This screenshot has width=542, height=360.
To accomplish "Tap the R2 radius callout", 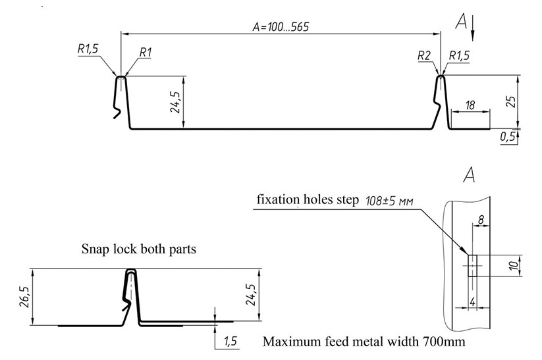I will point(423,56).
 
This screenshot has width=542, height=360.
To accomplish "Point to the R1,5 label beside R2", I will point(458,56).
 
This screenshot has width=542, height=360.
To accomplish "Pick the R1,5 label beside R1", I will point(89,48).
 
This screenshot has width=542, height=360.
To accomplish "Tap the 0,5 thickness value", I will point(508,137).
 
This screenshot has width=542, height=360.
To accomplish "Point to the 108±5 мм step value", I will point(389,201).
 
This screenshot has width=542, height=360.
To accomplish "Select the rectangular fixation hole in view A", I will point(472,266).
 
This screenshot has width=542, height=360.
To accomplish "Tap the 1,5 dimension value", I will point(230,341).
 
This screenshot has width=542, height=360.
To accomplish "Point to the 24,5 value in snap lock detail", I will point(250,296).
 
